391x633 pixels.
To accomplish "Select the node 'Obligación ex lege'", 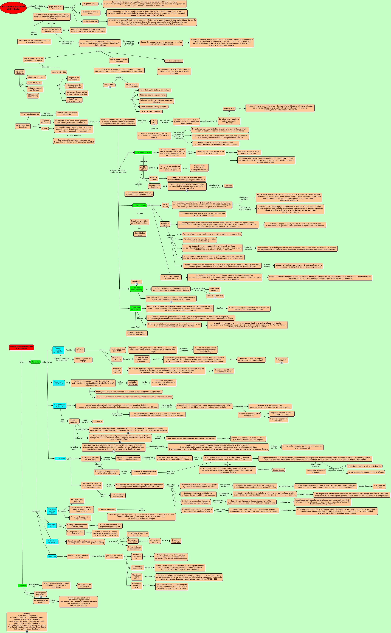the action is click(90, 4).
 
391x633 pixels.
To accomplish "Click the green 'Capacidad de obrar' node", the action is click(143, 152).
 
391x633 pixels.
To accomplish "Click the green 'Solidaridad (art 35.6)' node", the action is click(135, 308).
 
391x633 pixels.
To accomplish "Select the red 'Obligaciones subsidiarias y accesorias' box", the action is click(21, 347).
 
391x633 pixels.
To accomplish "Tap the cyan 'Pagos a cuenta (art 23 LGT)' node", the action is click(58, 350).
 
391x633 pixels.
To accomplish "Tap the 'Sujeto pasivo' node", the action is click(229, 109).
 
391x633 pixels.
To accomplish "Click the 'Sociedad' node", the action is click(228, 186).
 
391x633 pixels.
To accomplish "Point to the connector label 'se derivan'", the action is click(100, 51).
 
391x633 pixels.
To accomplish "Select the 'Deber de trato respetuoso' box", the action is click(151, 112).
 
